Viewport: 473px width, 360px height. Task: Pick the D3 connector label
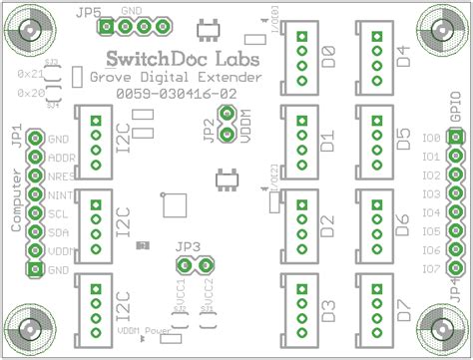point(328,310)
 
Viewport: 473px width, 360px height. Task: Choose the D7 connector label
point(404,310)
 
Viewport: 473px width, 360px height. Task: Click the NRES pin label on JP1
point(59,177)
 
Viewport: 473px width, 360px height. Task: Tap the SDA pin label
point(57,232)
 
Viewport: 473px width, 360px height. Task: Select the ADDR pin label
point(60,158)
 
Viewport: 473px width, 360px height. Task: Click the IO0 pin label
point(431,139)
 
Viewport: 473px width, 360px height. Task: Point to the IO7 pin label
point(431,269)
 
